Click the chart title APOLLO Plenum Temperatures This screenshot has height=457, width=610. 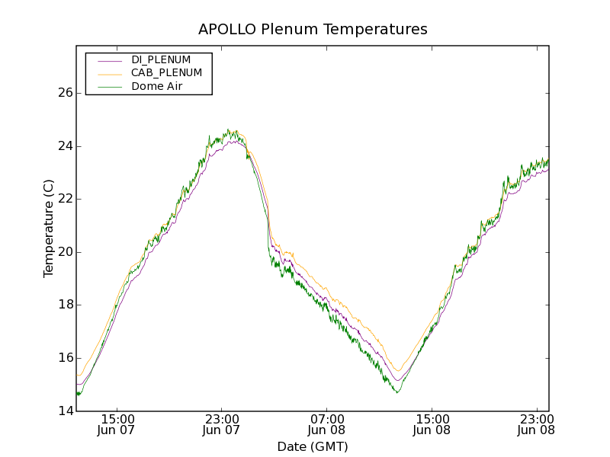click(x=313, y=30)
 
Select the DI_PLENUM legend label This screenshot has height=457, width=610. click(x=161, y=59)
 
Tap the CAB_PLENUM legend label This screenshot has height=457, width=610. click(x=166, y=73)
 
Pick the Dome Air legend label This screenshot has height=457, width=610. click(x=157, y=86)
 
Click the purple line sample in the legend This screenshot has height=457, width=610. click(x=108, y=60)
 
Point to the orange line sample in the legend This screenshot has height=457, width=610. click(x=108, y=73)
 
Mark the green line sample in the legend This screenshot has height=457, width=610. click(x=108, y=87)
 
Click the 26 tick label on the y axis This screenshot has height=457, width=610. click(x=65, y=93)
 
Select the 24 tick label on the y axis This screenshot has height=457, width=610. click(x=65, y=146)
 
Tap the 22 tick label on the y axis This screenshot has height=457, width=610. click(x=65, y=199)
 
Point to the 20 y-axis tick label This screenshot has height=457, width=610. click(x=65, y=252)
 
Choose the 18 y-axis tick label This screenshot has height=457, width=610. click(x=65, y=305)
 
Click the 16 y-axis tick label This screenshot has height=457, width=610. click(x=65, y=358)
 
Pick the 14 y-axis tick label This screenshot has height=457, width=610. click(x=65, y=411)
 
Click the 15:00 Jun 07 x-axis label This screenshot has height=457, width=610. click(x=117, y=424)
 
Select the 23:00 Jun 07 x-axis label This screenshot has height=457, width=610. click(x=222, y=424)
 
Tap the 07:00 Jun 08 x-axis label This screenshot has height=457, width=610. click(x=327, y=424)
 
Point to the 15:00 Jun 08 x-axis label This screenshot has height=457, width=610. click(x=432, y=424)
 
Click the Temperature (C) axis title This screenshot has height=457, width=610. click(x=49, y=228)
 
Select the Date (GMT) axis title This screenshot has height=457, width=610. click(x=313, y=446)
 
